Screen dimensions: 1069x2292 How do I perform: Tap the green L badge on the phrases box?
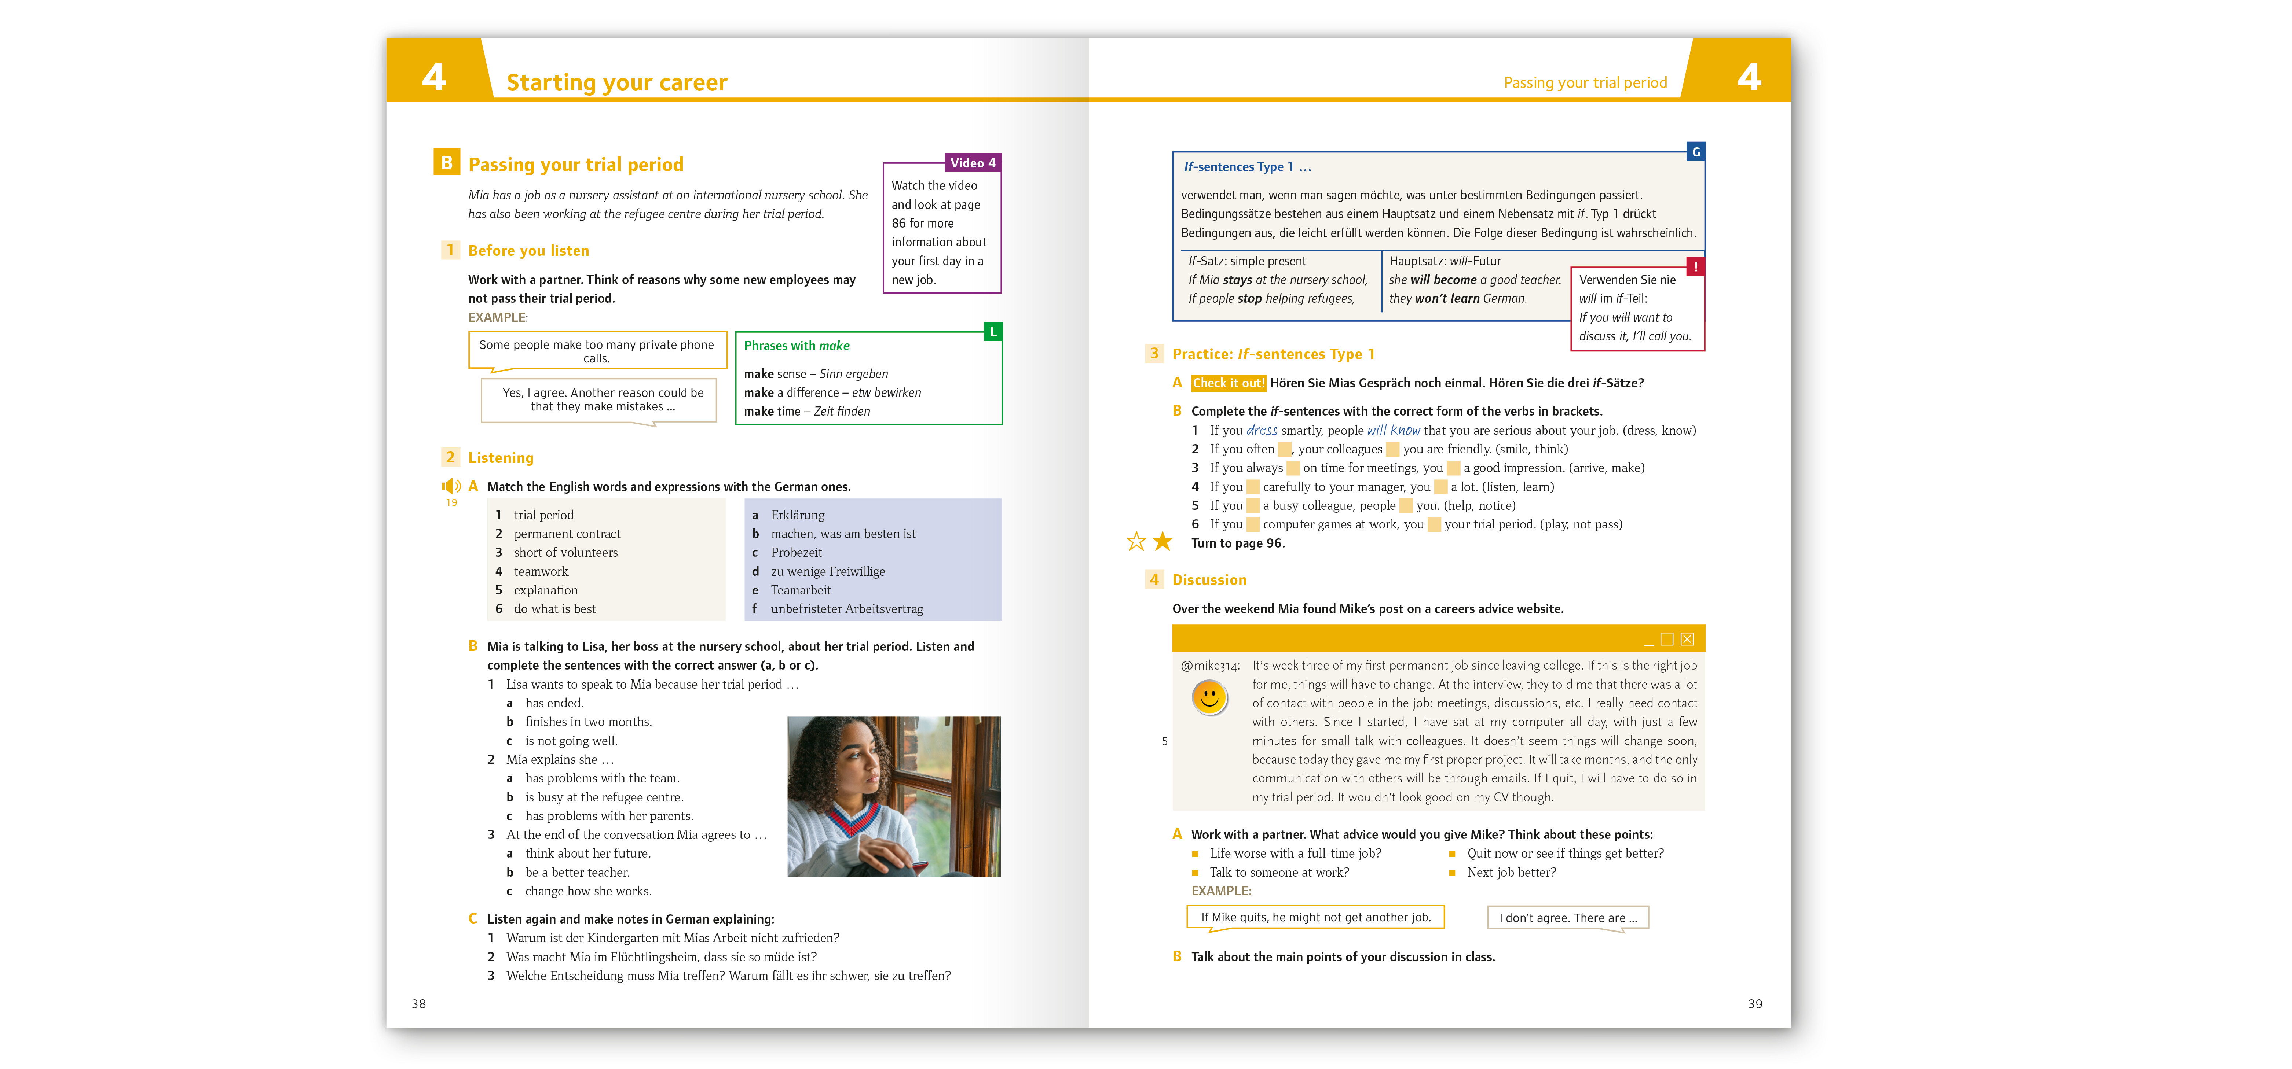993,332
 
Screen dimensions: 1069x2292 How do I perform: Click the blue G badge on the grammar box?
1696,152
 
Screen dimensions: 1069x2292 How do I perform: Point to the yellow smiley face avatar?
1209,697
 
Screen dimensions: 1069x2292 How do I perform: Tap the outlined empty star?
1136,542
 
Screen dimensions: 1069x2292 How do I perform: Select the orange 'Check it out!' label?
1228,383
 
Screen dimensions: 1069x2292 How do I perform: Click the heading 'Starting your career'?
616,83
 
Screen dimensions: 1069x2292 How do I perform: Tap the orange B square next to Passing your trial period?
447,163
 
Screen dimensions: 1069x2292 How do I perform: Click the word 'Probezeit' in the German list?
796,552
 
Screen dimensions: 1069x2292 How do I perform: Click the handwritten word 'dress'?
1262,431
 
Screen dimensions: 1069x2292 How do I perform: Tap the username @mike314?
1209,665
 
